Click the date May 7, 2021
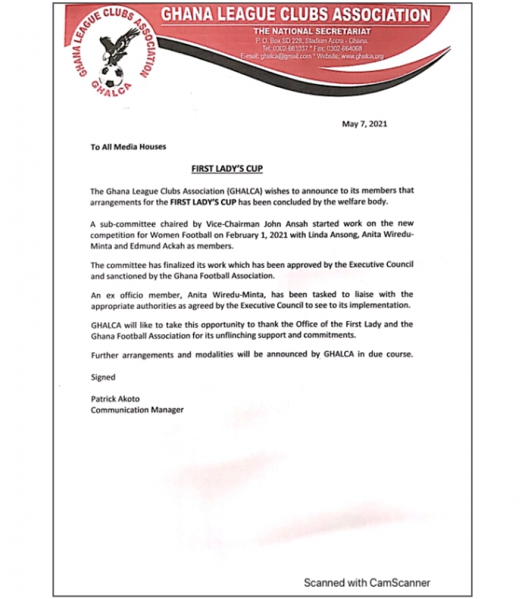point(364,124)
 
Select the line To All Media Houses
point(128,147)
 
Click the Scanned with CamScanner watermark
point(366,582)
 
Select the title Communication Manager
point(137,409)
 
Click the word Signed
point(103,377)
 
